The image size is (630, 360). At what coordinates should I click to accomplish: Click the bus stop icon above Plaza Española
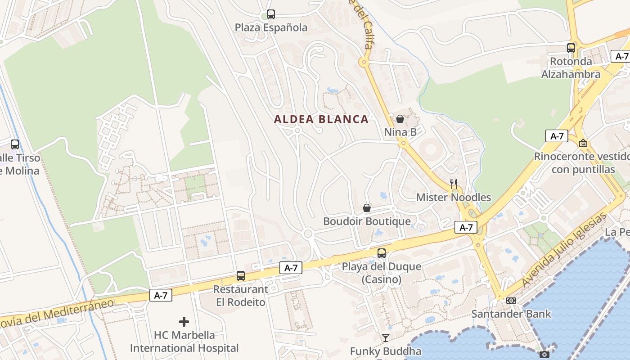tap(270, 14)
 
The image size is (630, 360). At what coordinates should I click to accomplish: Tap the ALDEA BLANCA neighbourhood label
tap(321, 119)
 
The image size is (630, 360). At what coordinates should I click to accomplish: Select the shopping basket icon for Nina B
tap(400, 119)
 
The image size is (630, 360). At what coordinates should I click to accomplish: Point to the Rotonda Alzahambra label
tap(571, 68)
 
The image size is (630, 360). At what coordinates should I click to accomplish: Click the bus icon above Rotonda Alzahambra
tap(571, 48)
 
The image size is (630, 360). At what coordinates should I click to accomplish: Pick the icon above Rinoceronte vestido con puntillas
tap(583, 143)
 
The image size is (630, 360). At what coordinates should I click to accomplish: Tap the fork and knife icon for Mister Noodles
tap(454, 184)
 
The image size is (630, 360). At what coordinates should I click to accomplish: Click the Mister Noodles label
tap(454, 197)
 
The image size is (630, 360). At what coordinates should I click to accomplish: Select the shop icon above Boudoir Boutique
tap(367, 208)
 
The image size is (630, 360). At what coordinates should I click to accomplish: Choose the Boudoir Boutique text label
tap(367, 221)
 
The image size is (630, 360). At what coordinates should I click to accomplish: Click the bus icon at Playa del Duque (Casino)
tap(382, 253)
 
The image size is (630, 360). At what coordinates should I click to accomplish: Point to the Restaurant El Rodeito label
tap(241, 296)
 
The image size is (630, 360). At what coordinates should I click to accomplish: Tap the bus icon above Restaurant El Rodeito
tap(241, 276)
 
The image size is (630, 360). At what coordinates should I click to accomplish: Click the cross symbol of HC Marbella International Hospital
tap(184, 322)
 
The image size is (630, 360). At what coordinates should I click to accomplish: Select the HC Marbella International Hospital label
tap(184, 342)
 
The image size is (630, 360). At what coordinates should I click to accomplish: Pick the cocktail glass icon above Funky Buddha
tap(386, 338)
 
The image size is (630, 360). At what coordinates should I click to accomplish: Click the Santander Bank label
tap(511, 314)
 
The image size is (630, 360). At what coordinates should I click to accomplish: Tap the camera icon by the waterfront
tap(544, 354)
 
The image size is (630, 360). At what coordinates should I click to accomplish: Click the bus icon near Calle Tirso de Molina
tap(15, 144)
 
